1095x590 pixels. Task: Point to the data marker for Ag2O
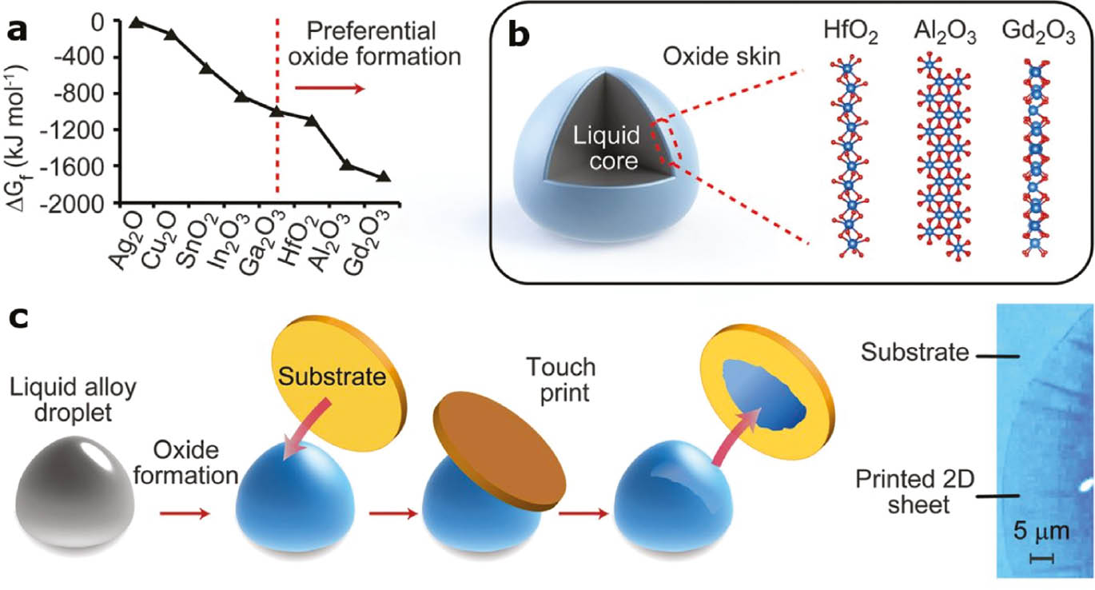136,22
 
